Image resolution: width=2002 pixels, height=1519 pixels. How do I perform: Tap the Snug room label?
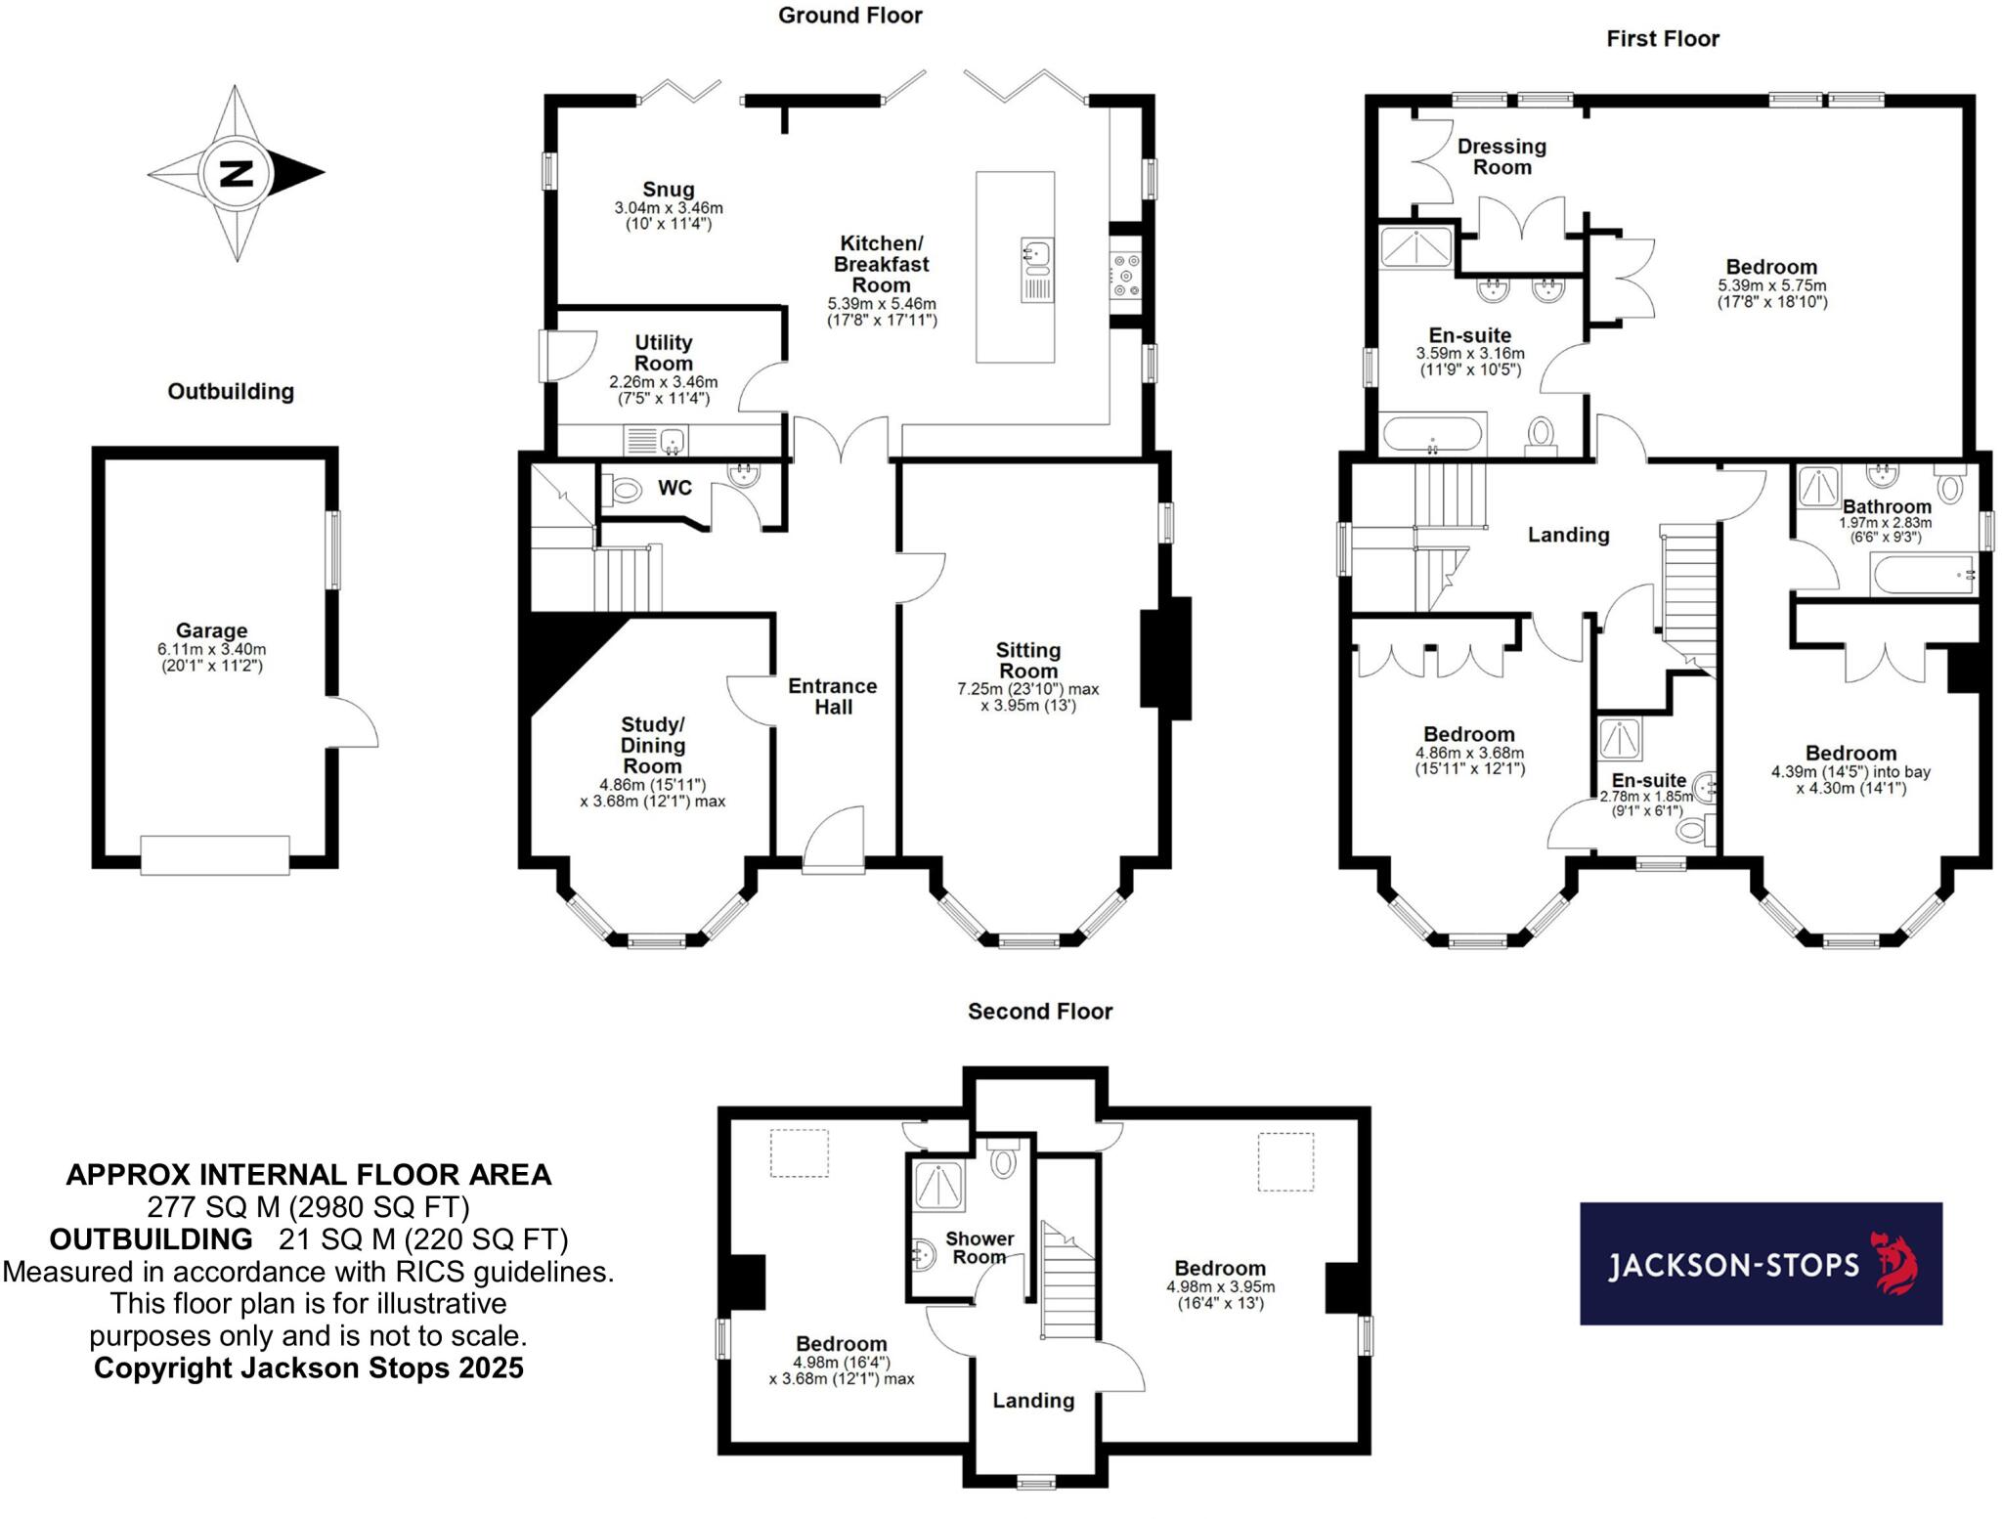click(x=669, y=190)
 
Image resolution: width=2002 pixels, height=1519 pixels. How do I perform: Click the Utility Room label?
click(x=663, y=353)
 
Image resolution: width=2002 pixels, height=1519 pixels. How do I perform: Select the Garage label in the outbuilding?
click(x=211, y=630)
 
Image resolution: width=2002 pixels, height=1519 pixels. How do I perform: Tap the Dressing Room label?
click(x=1501, y=156)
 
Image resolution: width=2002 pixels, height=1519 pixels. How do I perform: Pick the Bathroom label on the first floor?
click(x=1887, y=506)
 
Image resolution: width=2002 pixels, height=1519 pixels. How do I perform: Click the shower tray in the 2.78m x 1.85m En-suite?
click(x=1621, y=740)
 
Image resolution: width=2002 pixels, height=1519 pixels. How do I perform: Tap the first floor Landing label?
click(x=1568, y=535)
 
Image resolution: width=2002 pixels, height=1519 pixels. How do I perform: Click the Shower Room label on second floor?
click(x=979, y=1247)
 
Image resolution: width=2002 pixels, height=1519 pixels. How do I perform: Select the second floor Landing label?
click(x=1033, y=1401)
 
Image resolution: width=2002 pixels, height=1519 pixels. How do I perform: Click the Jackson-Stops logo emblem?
click(x=1893, y=1264)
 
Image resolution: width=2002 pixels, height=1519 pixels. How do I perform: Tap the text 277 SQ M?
click(x=211, y=1206)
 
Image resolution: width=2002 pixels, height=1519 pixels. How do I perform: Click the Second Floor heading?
click(x=1040, y=1012)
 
